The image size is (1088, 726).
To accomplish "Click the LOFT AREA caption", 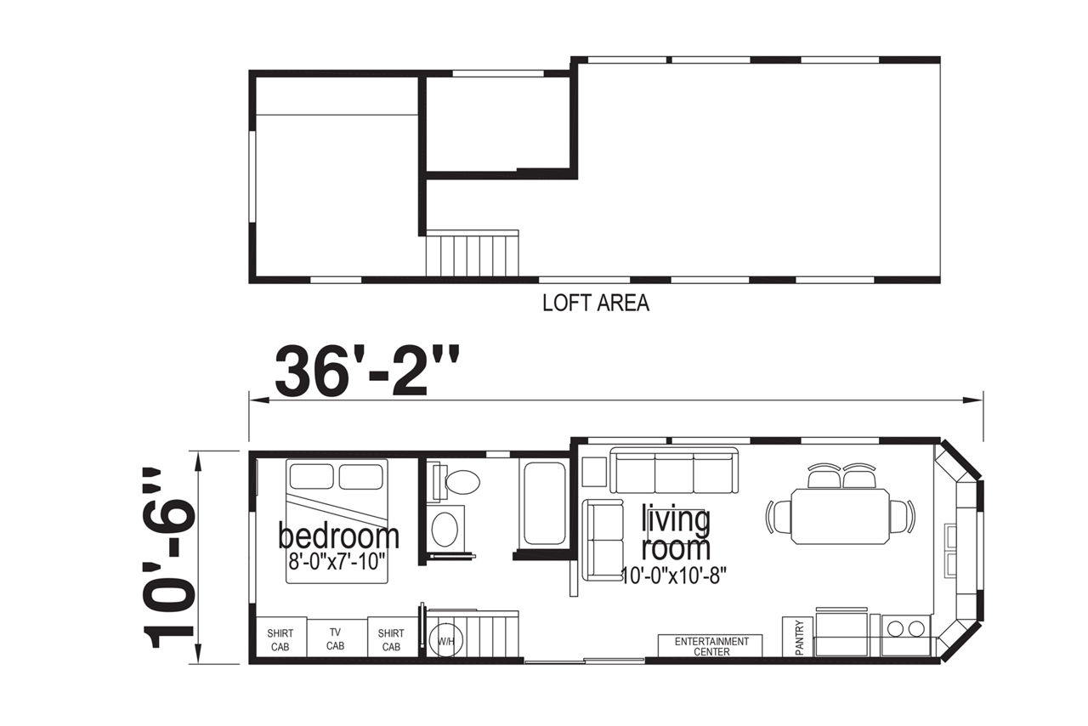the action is (596, 303).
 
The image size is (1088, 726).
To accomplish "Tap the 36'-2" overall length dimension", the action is (366, 372).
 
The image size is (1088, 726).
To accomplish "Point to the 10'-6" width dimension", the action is (169, 558).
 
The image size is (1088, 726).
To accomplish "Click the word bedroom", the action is (338, 537).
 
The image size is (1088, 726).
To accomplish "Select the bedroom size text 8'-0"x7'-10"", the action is (337, 562).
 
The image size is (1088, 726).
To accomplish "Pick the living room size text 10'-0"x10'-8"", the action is (674, 576).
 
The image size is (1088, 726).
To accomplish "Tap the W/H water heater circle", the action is (446, 641).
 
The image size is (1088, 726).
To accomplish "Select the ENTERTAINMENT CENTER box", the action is (710, 646).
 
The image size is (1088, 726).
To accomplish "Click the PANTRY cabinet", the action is (797, 637).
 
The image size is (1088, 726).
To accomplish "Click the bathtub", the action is (545, 503).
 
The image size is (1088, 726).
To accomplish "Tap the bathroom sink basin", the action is (445, 529).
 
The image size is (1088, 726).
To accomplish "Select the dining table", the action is (841, 516).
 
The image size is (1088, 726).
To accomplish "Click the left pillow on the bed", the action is (311, 476).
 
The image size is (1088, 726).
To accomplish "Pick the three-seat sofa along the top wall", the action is (674, 470).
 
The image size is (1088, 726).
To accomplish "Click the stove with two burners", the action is (906, 635).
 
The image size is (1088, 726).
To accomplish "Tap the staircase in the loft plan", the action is (472, 253).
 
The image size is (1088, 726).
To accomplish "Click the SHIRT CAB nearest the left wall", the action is (280, 639).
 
